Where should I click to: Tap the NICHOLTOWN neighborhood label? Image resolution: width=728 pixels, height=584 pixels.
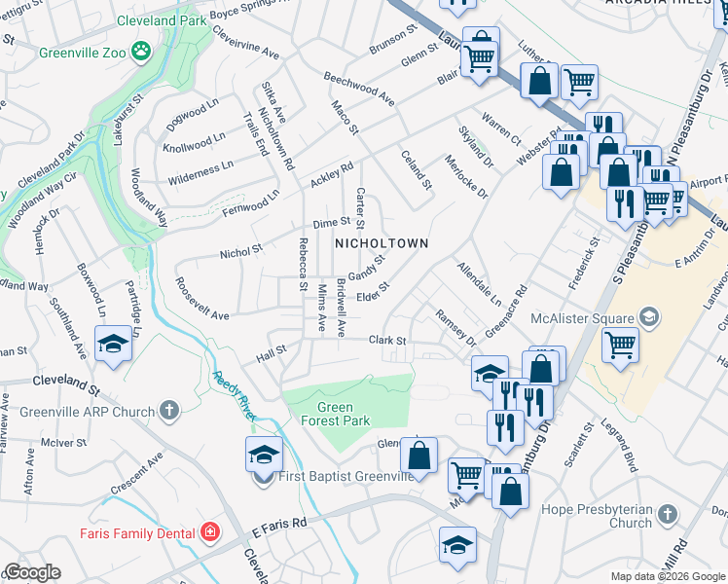(x=382, y=242)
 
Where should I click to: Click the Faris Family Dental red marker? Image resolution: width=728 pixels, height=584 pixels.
(x=209, y=533)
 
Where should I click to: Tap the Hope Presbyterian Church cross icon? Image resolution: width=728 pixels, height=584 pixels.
(x=667, y=514)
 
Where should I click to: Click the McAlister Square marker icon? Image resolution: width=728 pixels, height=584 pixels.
(x=648, y=317)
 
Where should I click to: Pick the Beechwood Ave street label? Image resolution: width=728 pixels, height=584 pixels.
(x=359, y=88)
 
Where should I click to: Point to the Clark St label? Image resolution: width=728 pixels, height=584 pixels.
(x=386, y=341)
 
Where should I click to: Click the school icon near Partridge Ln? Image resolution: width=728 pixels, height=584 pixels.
(x=113, y=344)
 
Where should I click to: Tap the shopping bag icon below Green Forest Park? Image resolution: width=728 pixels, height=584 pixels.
(x=419, y=456)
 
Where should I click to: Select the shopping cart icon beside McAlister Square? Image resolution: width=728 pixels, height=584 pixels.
(x=620, y=345)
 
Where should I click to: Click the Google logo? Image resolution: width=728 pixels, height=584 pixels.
(x=31, y=572)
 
